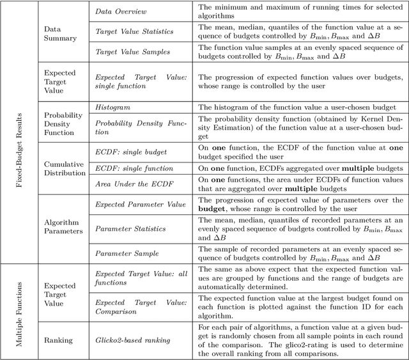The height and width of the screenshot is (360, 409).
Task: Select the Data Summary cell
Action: (59, 33)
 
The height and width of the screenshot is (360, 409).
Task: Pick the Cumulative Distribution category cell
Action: (64, 168)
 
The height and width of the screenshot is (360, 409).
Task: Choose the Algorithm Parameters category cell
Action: (65, 226)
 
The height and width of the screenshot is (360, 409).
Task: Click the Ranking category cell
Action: (58, 340)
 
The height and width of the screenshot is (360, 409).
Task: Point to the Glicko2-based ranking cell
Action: (133, 340)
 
